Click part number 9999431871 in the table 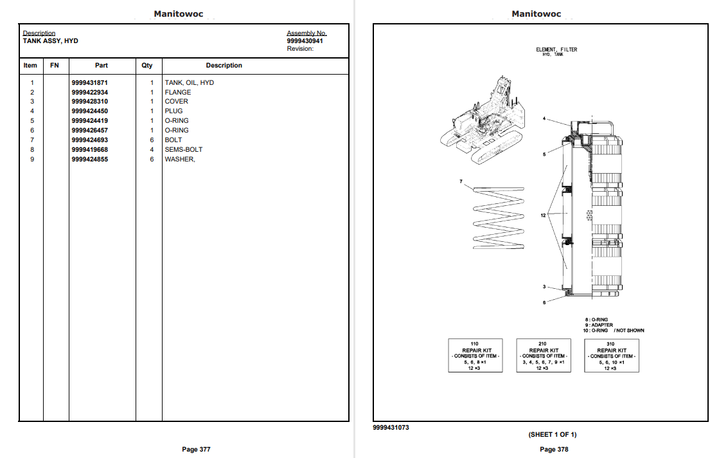pos(90,83)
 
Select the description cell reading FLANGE pos(178,93)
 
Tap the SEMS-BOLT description pos(184,149)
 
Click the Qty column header pos(148,66)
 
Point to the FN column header pos(55,66)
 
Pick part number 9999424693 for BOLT pos(90,140)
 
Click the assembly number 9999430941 pos(305,41)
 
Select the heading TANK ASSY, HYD pos(50,41)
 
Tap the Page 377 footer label pos(196,449)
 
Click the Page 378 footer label pos(554,449)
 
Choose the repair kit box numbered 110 pos(475,356)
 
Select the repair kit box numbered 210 pos(543,356)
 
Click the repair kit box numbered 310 pos(610,356)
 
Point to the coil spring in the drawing pos(499,219)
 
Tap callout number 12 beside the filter pos(543,215)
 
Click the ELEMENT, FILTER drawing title pos(556,50)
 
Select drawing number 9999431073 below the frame pos(391,428)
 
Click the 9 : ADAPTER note pos(598,325)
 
